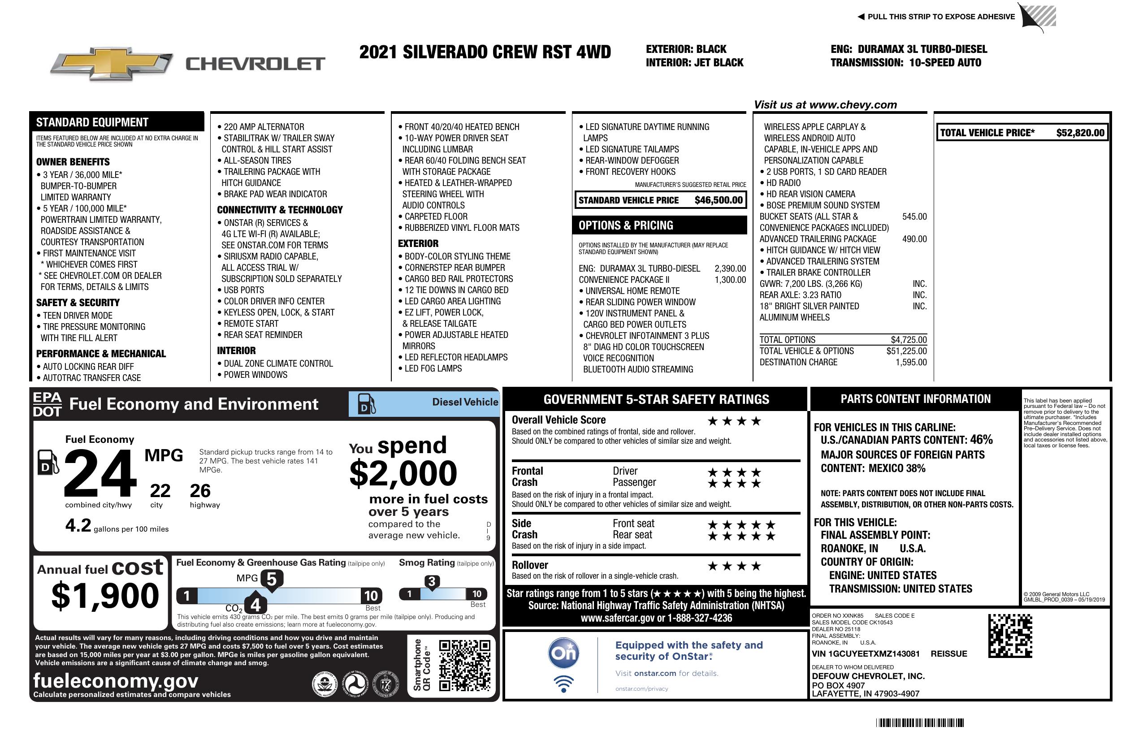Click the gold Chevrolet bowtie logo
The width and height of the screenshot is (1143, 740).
click(111, 64)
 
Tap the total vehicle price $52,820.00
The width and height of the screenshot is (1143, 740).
click(1080, 133)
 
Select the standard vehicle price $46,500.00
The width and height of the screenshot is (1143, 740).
click(718, 200)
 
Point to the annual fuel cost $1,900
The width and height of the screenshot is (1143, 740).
click(105, 596)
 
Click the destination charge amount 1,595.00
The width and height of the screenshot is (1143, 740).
click(910, 363)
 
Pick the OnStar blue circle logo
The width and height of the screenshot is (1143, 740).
click(563, 653)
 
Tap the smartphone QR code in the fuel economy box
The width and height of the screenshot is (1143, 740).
click(464, 665)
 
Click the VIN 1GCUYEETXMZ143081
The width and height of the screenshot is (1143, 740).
click(866, 653)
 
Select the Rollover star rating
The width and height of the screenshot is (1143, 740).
click(734, 567)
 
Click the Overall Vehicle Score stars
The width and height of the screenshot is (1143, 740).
click(734, 422)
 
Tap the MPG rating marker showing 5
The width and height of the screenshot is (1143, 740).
click(271, 580)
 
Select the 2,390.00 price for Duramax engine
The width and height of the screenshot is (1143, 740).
click(730, 269)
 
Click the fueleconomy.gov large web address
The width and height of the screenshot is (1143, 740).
click(116, 681)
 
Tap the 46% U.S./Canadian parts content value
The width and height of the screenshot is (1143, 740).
click(981, 440)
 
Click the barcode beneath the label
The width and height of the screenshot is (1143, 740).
click(919, 723)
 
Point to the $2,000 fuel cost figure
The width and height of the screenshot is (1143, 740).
click(403, 473)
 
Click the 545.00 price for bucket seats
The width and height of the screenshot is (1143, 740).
click(914, 216)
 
